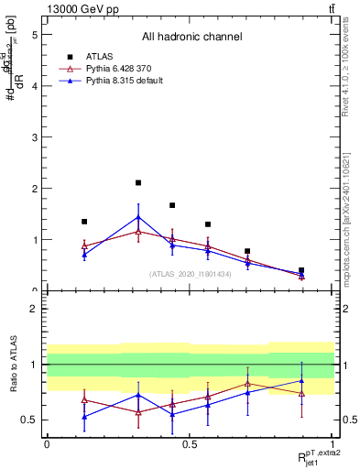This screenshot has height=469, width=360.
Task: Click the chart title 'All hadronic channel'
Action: [x=191, y=38]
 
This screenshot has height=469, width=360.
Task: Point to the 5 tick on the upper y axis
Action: [x=33, y=35]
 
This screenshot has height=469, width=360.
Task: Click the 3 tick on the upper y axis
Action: [x=33, y=137]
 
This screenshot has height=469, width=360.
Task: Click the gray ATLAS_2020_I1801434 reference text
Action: [x=191, y=274]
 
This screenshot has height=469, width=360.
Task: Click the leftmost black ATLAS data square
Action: [x=84, y=222]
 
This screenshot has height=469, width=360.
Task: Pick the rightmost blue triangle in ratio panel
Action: [x=301, y=380]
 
